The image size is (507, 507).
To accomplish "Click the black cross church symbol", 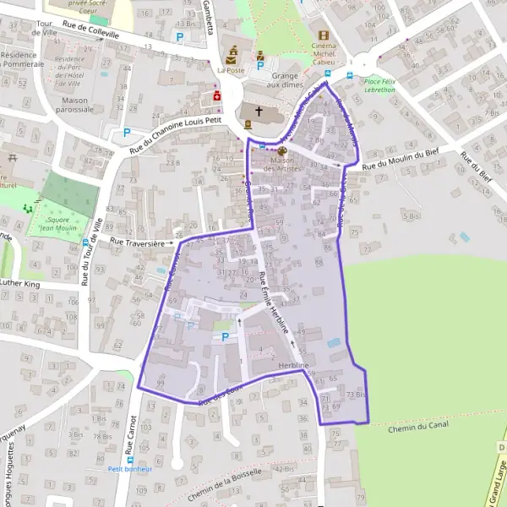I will tap(259, 112).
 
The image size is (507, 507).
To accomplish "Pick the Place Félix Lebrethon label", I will tap(380, 84).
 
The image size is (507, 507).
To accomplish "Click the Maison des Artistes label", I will tap(283, 165).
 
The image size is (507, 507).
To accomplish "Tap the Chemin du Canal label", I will tap(417, 428).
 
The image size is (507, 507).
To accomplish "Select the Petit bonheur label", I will tap(129, 468).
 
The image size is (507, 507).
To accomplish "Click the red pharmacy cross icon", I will tap(216, 96).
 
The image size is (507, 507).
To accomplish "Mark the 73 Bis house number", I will tap(357, 395).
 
